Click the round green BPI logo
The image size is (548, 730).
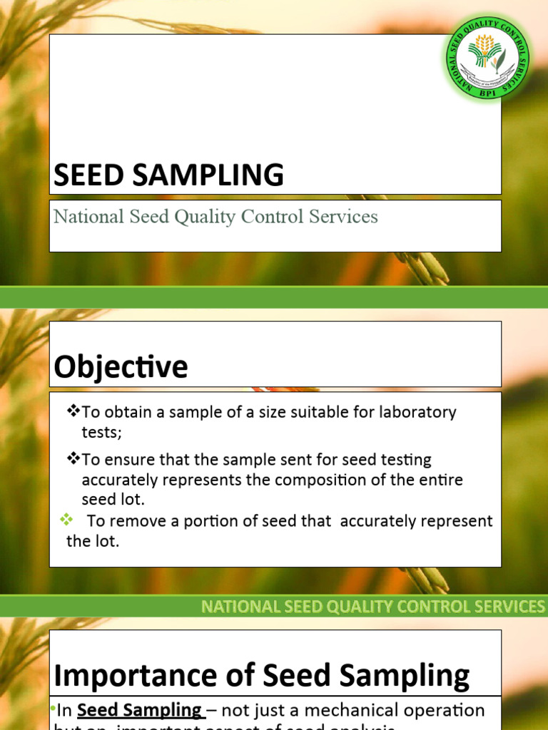[489, 59]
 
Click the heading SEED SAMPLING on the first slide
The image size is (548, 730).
[169, 175]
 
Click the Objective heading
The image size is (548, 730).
[121, 367]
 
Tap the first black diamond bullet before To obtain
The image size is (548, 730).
[73, 411]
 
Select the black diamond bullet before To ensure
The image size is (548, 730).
[73, 460]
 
